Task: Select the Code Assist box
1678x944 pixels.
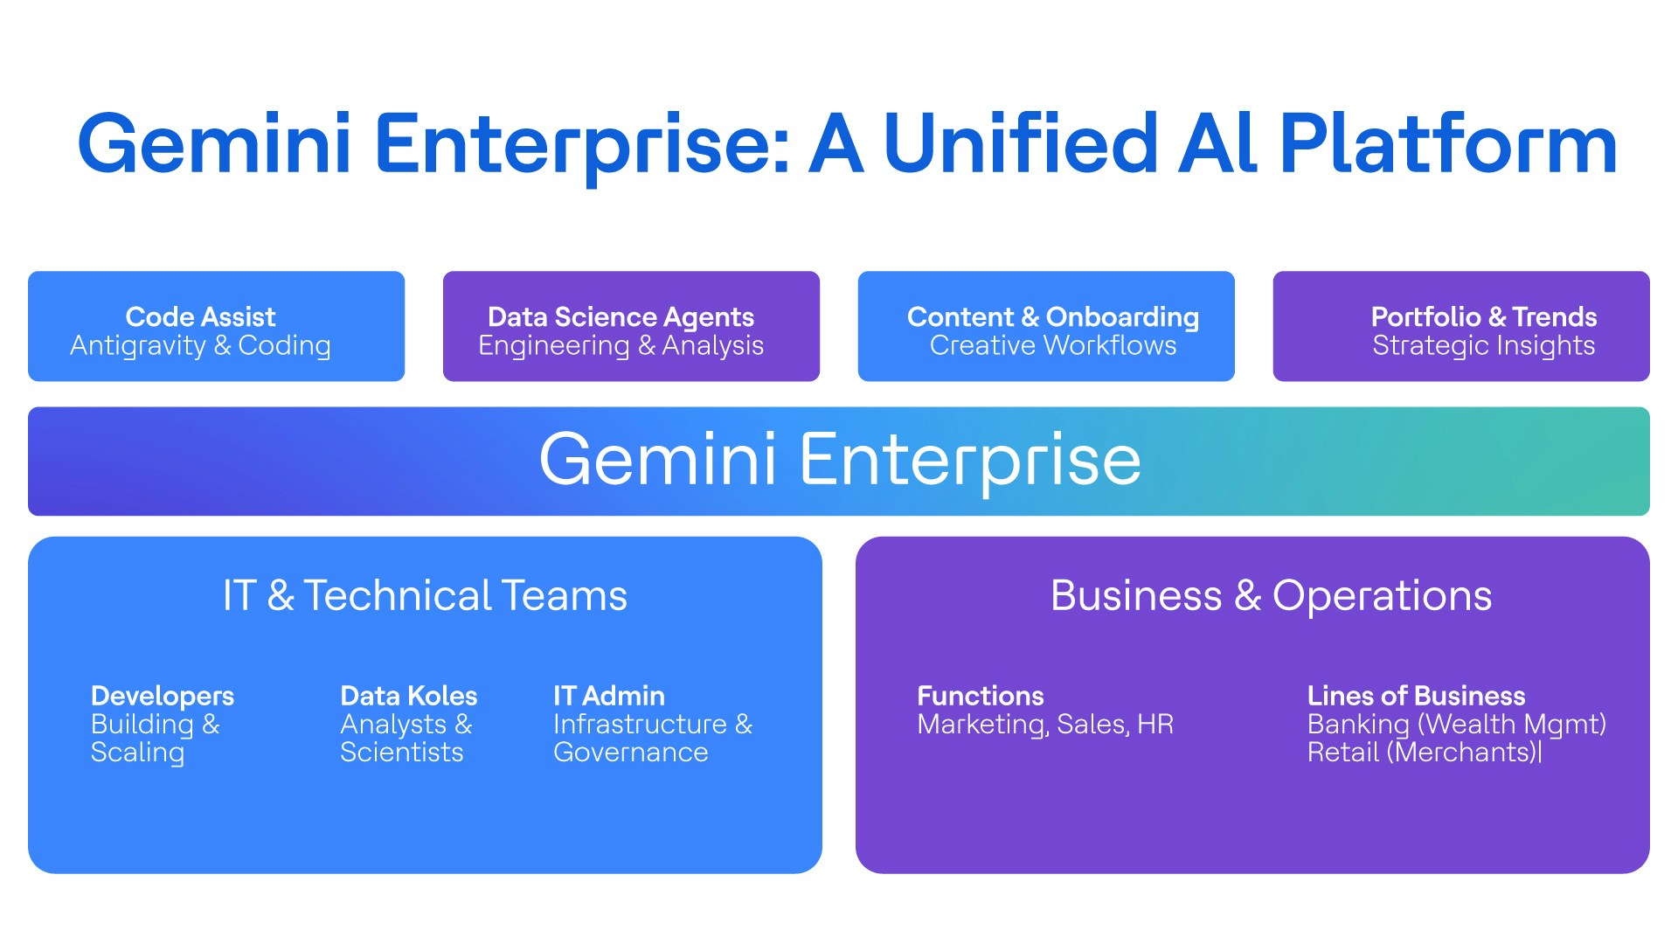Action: pyautogui.click(x=216, y=326)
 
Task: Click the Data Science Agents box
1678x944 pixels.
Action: pyautogui.click(x=631, y=326)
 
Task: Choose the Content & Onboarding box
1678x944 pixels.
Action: pyautogui.click(x=1046, y=326)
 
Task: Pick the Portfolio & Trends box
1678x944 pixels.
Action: pyautogui.click(x=1461, y=326)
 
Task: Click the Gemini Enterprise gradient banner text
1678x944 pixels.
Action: pyautogui.click(x=840, y=460)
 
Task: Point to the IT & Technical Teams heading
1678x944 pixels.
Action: pyautogui.click(x=425, y=596)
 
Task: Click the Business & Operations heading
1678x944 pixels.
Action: pyautogui.click(x=1271, y=596)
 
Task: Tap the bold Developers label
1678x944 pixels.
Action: pyautogui.click(x=163, y=696)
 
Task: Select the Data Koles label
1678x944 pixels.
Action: pyautogui.click(x=408, y=696)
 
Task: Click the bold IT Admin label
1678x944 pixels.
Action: pyautogui.click(x=609, y=696)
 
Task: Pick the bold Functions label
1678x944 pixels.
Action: pyautogui.click(x=980, y=696)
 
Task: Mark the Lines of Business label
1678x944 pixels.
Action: pyautogui.click(x=1416, y=696)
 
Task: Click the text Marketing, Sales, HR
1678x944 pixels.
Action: pyautogui.click(x=1045, y=725)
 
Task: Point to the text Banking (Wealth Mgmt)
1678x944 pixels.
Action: pyautogui.click(x=1456, y=725)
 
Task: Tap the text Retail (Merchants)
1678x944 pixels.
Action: pyautogui.click(x=1424, y=753)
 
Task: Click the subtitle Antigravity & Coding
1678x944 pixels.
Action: pyautogui.click(x=200, y=346)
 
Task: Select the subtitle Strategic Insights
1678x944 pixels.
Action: pyautogui.click(x=1483, y=346)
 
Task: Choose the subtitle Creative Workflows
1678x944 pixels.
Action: pyautogui.click(x=1053, y=346)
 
